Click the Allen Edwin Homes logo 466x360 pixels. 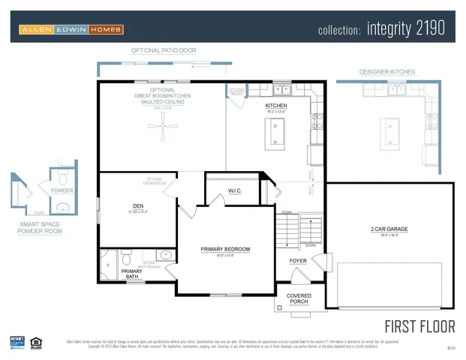71,29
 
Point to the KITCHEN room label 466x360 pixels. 276,106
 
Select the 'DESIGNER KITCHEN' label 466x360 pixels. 387,72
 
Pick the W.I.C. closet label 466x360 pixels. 234,191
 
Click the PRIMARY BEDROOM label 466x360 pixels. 224,249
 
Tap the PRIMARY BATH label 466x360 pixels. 131,273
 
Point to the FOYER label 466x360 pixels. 298,261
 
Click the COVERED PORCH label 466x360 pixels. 304,298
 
